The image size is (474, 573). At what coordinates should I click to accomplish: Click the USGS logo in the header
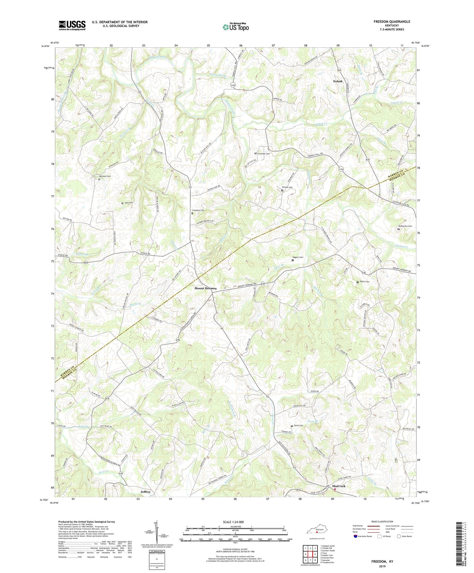(x=72, y=25)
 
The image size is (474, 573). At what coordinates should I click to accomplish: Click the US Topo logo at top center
(x=236, y=27)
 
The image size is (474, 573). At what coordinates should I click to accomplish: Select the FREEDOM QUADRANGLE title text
(x=392, y=22)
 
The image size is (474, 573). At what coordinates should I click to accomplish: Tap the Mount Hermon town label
(x=206, y=288)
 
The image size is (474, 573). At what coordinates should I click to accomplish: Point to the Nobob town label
(x=338, y=81)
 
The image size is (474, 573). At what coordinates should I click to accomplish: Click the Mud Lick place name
(x=339, y=486)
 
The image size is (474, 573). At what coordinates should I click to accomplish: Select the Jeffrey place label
(x=145, y=492)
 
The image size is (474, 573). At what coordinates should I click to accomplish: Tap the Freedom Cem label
(x=198, y=210)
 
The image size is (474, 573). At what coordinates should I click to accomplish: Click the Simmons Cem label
(x=264, y=154)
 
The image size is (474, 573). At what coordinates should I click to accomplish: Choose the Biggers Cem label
(x=298, y=257)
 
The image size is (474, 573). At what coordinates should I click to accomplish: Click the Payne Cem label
(x=364, y=282)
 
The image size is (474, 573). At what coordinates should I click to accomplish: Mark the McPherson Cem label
(x=405, y=226)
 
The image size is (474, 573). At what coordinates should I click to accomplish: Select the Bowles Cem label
(x=287, y=187)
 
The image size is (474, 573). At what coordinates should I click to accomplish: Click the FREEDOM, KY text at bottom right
(x=382, y=562)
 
